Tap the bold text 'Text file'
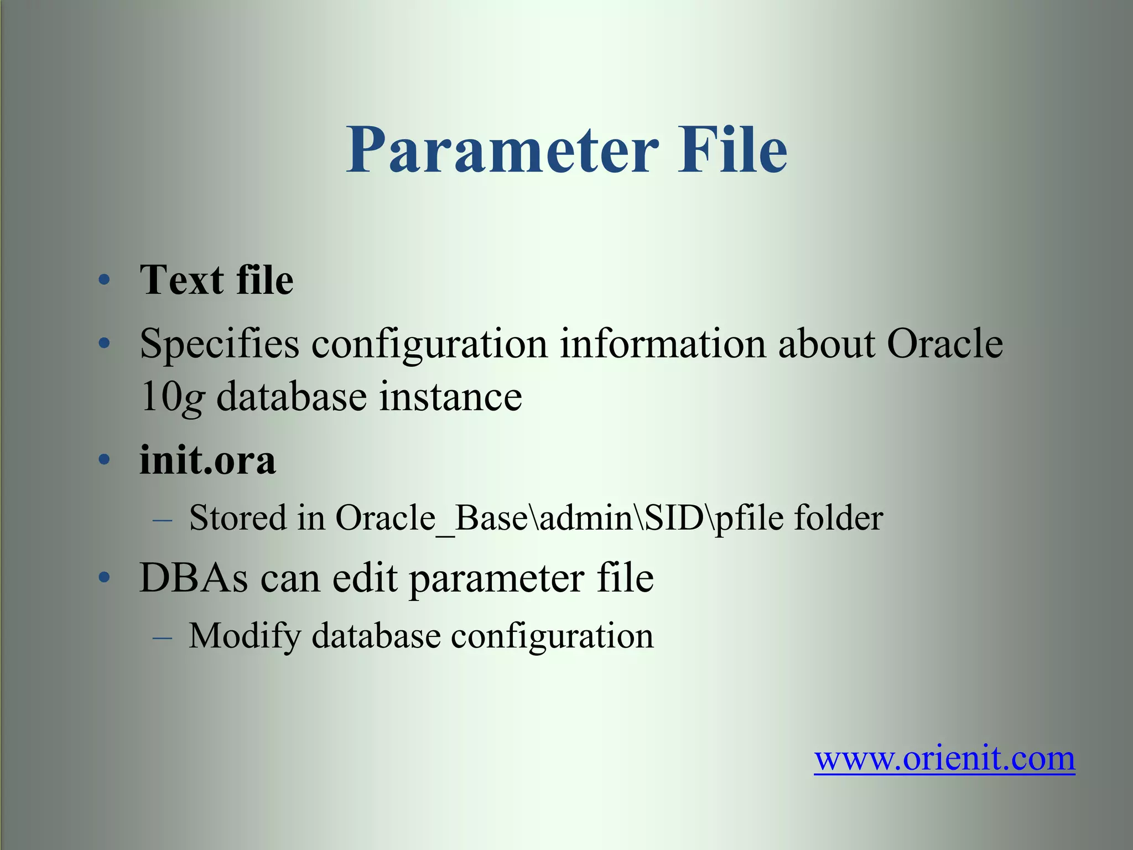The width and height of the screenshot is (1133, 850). click(216, 280)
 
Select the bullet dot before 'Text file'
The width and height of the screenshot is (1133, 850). click(104, 281)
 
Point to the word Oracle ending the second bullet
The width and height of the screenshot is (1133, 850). click(945, 344)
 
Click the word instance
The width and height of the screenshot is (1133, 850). click(450, 396)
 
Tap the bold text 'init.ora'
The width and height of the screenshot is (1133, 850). click(207, 460)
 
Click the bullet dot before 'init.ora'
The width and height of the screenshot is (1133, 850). click(104, 460)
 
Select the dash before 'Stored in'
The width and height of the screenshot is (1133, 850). click(162, 521)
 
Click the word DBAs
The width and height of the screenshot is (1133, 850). click(194, 578)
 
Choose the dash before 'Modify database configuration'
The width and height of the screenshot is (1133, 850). click(162, 638)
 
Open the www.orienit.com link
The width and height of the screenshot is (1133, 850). click(944, 759)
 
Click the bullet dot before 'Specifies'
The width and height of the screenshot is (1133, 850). click(104, 344)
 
